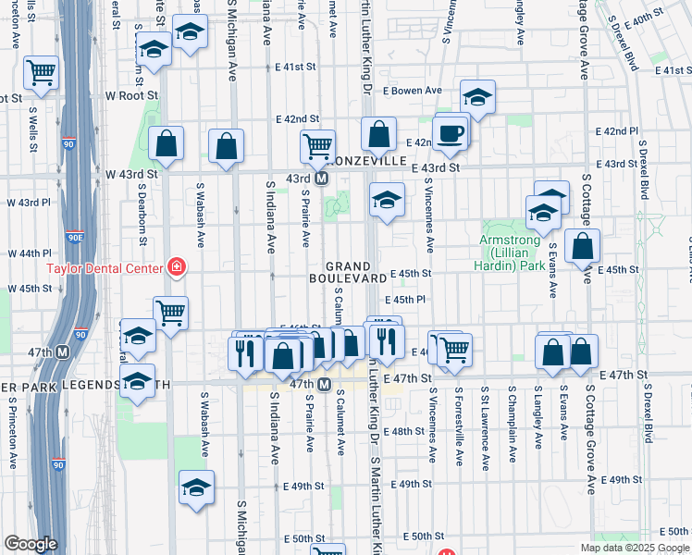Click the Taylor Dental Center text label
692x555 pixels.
tap(105, 269)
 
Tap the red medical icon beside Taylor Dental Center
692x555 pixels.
tap(175, 268)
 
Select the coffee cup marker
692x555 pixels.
tap(451, 133)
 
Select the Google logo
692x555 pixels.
tap(31, 544)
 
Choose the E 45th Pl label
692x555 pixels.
tap(404, 300)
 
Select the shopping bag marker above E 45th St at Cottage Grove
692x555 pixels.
tap(582, 248)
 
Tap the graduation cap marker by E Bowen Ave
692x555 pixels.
tap(477, 97)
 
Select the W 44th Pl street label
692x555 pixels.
tap(30, 253)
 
